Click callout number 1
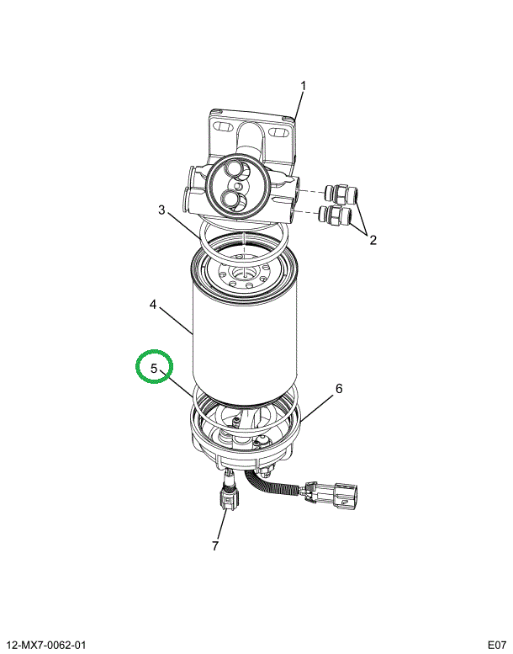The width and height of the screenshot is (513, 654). (x=304, y=86)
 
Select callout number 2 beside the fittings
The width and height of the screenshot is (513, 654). (x=373, y=240)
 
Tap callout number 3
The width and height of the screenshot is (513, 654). (x=161, y=210)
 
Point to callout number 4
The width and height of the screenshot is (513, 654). (x=153, y=305)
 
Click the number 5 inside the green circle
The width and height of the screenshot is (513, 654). (x=154, y=369)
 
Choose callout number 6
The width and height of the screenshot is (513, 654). (x=339, y=389)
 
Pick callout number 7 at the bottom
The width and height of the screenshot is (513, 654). (x=215, y=545)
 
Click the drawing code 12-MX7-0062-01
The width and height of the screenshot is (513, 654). (x=46, y=645)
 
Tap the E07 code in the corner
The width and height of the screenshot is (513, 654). (x=497, y=645)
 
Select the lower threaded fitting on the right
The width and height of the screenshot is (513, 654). (x=336, y=214)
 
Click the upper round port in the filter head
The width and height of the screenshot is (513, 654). (x=233, y=170)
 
